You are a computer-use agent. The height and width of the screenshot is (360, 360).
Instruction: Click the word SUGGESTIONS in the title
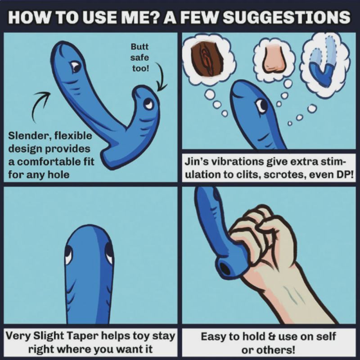(286, 17)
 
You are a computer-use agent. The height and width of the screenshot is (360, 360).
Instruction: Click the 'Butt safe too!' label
(139, 58)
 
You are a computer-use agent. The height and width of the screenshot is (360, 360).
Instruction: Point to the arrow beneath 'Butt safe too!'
(162, 76)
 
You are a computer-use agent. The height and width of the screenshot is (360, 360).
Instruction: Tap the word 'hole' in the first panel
(58, 175)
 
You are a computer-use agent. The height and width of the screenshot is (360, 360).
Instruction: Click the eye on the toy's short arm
(148, 104)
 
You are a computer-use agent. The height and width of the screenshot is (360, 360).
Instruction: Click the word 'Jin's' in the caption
(197, 162)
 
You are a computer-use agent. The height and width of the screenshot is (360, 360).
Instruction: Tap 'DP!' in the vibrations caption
(345, 175)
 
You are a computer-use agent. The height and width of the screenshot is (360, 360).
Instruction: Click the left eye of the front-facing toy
(68, 255)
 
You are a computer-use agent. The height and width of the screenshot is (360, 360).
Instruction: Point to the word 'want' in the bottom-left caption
(127, 350)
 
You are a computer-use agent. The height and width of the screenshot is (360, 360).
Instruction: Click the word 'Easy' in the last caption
(212, 337)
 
